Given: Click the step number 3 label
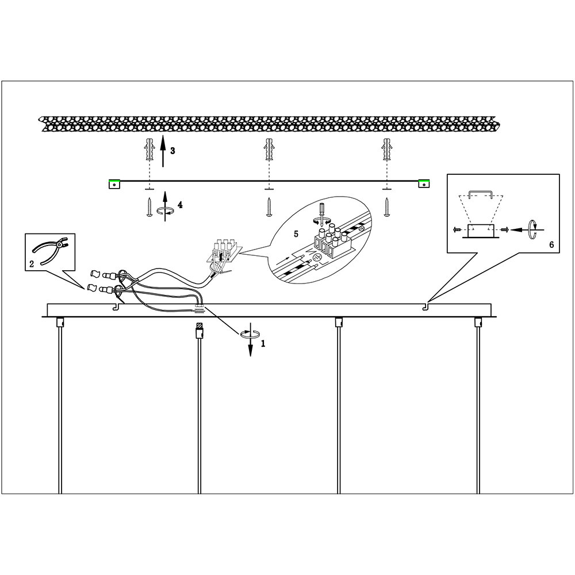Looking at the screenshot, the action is [172, 151].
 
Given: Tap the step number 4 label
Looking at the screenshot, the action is [180, 205].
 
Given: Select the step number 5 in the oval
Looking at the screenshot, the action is [297, 235].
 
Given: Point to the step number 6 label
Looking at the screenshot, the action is [551, 245].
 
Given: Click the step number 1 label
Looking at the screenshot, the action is [263, 344].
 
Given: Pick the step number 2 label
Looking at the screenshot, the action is [32, 264].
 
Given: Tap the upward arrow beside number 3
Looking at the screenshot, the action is [163, 151].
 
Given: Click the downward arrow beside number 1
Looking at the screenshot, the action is [251, 345].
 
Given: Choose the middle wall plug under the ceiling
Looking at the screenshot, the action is [268, 151].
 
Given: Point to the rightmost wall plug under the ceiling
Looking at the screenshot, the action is [387, 151].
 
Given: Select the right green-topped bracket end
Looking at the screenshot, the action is [424, 183].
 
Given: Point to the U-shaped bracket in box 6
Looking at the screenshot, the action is [480, 194].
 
